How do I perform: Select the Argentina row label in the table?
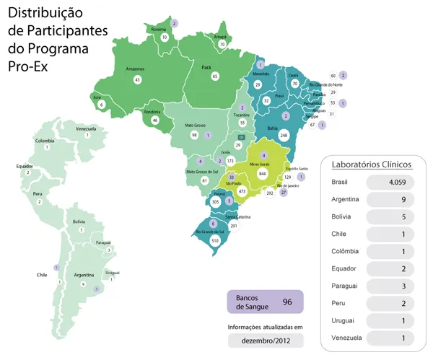click(345, 198)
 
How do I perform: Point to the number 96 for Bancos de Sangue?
click(287, 302)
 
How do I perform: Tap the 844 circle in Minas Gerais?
click(263, 173)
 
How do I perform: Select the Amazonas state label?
click(136, 69)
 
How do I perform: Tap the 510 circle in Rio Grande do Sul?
click(214, 240)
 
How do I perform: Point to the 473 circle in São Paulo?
click(242, 191)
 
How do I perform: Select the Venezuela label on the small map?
click(86, 128)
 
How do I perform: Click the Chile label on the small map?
click(42, 275)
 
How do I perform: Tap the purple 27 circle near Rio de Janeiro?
click(284, 193)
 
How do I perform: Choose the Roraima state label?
click(157, 29)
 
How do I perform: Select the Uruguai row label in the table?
click(343, 320)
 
